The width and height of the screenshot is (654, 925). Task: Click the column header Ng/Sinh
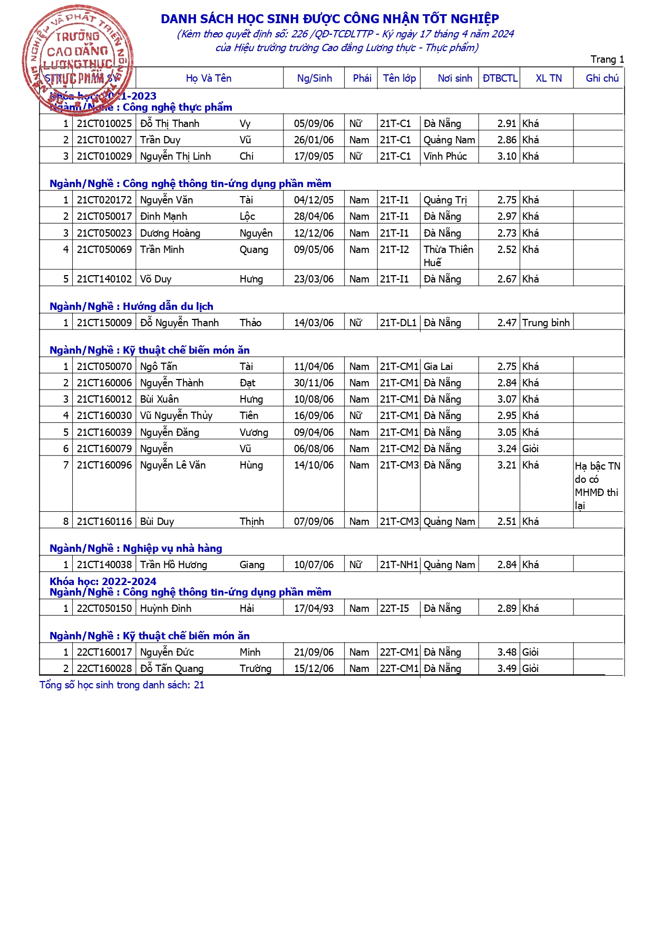point(314,79)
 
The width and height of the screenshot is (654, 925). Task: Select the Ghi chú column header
point(602,79)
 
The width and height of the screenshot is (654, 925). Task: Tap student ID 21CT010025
point(104,124)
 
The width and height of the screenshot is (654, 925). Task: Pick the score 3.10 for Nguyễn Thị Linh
point(506,157)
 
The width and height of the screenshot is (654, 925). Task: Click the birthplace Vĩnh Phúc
point(445,157)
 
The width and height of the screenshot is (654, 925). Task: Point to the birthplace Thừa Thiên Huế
point(448,256)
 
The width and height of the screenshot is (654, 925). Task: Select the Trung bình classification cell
point(546,323)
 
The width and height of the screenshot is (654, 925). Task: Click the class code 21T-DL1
point(398,323)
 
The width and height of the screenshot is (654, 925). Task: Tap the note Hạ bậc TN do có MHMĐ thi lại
point(597,485)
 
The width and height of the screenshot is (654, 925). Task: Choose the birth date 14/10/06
point(314,465)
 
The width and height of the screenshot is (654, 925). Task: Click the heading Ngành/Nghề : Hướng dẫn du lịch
point(131,307)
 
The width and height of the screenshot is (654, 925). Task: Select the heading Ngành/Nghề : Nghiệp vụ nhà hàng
point(136,549)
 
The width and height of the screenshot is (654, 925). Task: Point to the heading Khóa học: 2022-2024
point(103,581)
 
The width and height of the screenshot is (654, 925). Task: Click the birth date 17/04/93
point(314,609)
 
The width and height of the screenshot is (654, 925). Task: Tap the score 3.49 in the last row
point(506,669)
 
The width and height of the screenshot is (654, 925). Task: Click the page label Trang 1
point(607,60)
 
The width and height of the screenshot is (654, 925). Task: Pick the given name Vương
point(253,433)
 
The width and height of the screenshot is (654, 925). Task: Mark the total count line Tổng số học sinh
point(122,685)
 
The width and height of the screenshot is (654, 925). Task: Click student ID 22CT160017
point(104,653)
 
